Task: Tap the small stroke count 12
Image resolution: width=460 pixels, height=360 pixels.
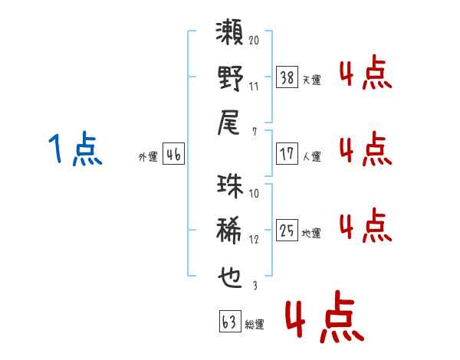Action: pos(254,238)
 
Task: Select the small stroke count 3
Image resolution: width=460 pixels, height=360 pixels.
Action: pos(254,284)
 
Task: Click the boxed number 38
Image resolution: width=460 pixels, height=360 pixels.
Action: pos(286,77)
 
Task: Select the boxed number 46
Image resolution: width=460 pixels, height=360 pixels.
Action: pos(173,155)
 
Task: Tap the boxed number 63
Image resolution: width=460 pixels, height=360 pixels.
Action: pos(229,322)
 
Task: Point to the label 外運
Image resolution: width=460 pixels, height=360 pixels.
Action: pos(147,157)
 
